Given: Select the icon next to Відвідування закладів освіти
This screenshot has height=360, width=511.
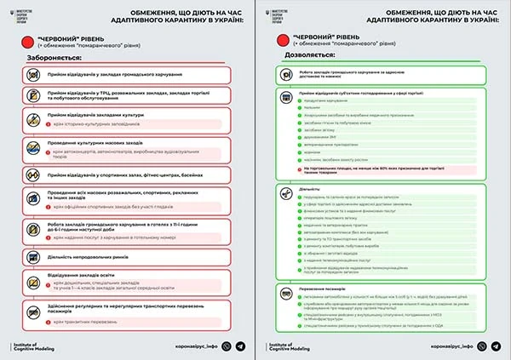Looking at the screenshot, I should pos(34,279).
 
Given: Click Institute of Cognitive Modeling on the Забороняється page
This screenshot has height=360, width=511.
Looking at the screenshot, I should pos(34,346).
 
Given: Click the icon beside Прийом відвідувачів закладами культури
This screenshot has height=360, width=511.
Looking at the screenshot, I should pos(34,119).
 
